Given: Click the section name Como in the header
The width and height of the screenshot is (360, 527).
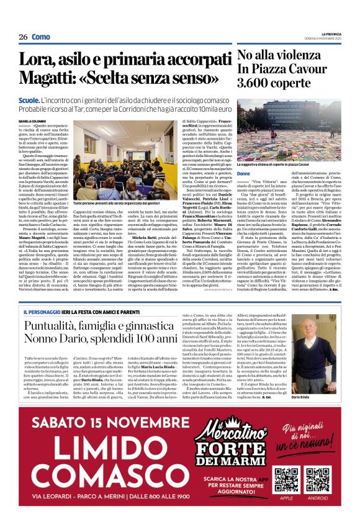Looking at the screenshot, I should click(41, 37).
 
